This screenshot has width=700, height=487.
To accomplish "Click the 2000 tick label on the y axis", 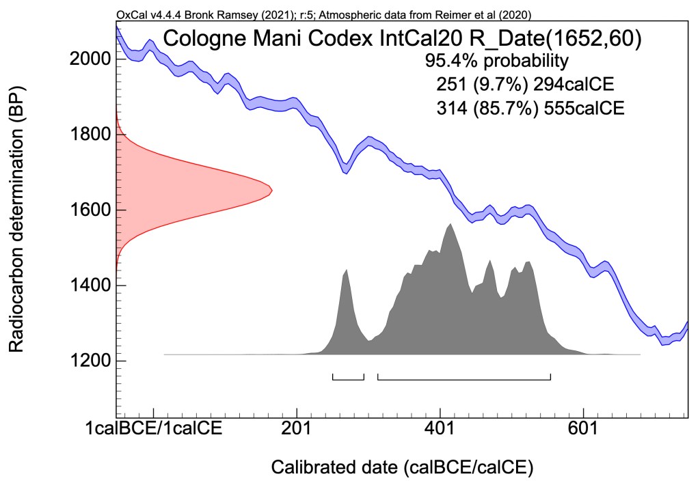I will (89, 59).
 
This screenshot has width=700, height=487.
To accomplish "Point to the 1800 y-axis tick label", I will (89, 135).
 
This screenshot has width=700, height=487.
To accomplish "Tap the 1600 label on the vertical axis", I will (89, 210).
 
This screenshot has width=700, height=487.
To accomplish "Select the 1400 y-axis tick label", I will (89, 286).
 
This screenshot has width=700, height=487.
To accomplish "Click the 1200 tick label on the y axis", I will (89, 361).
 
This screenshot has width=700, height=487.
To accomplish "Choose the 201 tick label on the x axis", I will (297, 428).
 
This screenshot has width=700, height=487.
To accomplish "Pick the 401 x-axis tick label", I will (440, 428).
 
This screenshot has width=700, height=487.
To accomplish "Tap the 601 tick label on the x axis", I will (584, 428).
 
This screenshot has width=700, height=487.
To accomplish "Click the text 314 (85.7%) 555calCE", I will (529, 108).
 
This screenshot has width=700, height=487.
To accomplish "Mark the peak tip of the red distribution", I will (272, 190).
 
